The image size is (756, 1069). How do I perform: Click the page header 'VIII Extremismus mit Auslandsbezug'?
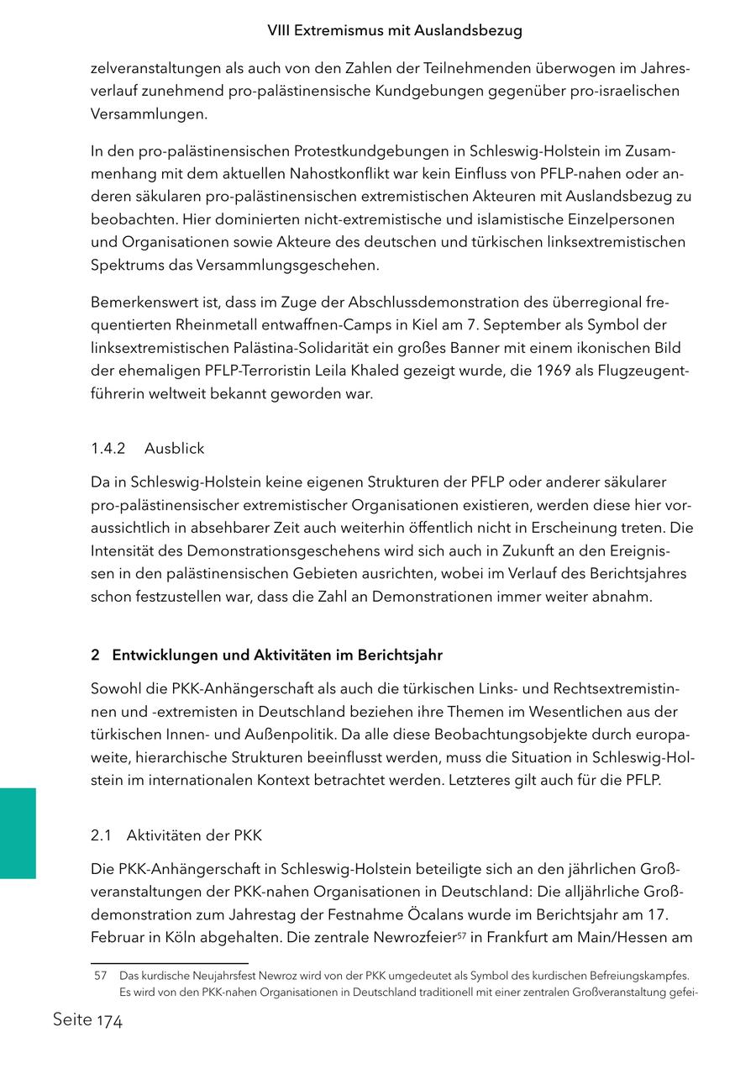[x=395, y=30]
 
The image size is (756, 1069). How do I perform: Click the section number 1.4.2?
[x=108, y=449]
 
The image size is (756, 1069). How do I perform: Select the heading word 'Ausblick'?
[x=174, y=449]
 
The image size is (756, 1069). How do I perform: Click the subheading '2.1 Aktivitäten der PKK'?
[x=176, y=835]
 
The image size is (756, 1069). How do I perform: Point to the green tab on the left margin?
[x=18, y=833]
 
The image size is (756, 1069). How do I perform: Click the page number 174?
[x=109, y=1022]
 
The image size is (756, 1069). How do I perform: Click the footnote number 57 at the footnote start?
[x=101, y=976]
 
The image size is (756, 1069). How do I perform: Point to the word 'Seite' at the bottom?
[x=72, y=1020]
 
